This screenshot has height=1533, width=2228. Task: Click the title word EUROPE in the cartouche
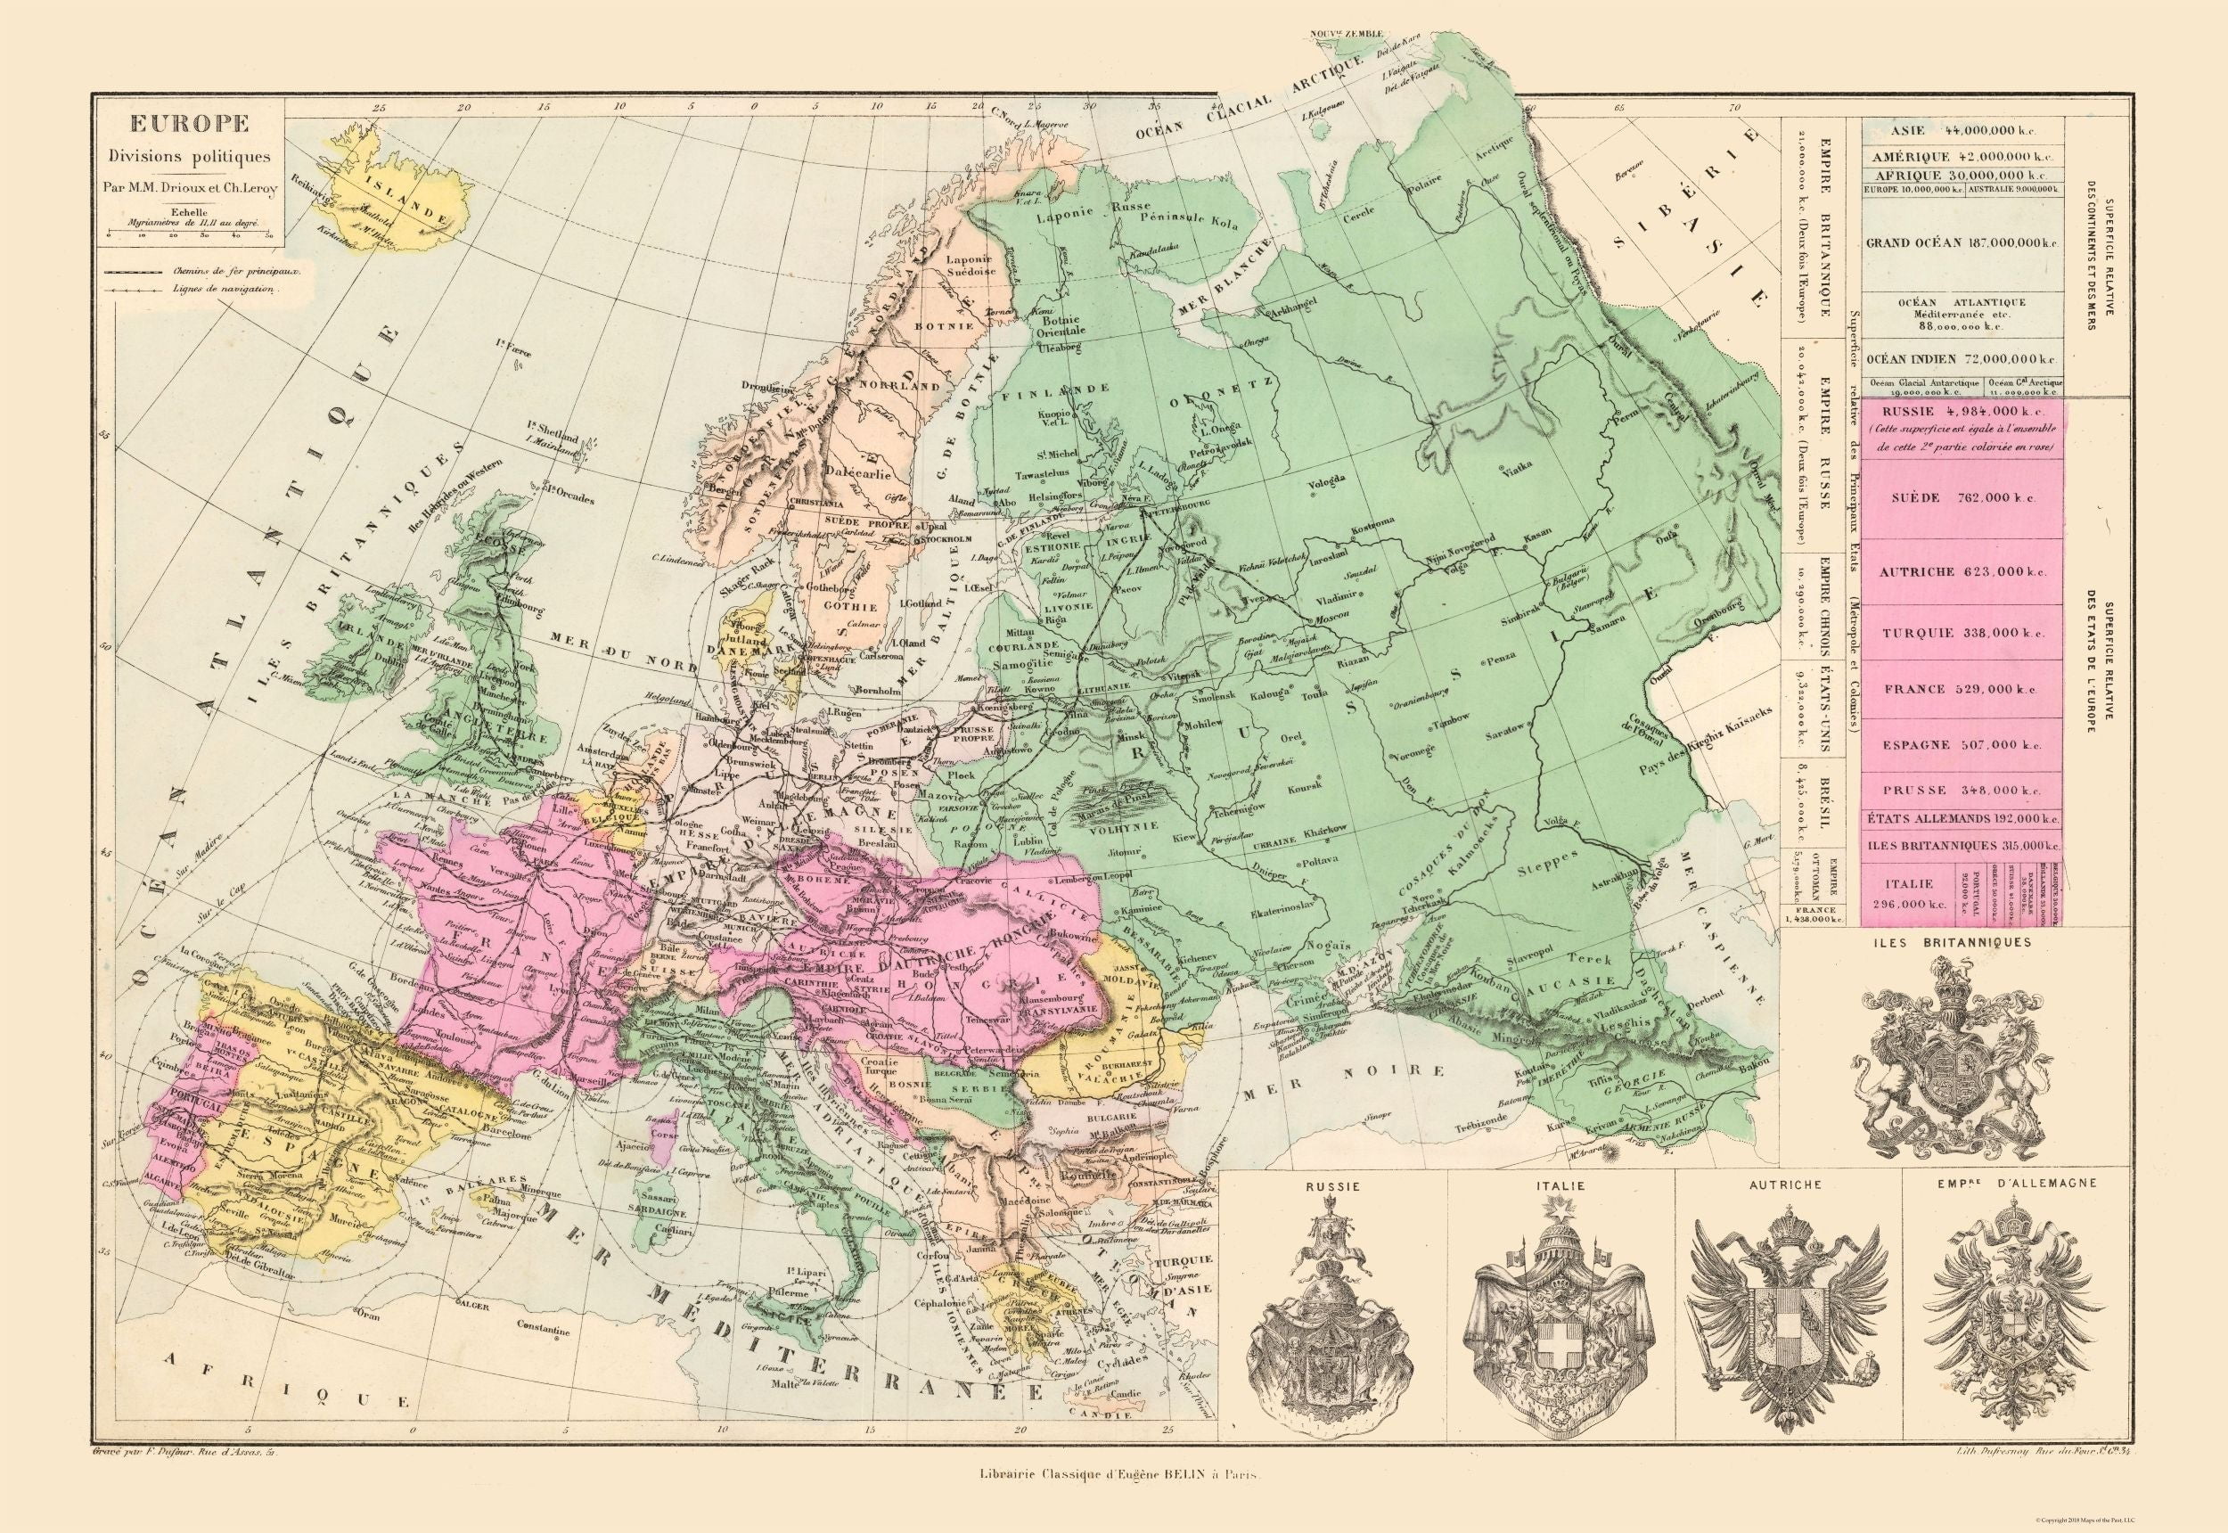[189, 125]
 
